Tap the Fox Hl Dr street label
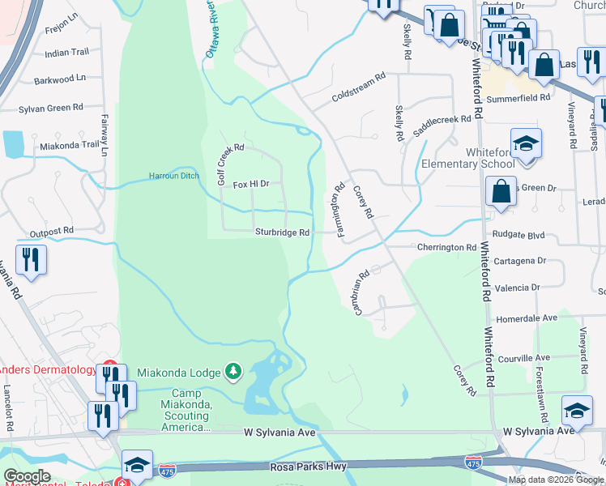coord(250,185)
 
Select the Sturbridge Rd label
coord(283,232)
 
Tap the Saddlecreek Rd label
coord(442,125)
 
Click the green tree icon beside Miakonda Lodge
coord(233,371)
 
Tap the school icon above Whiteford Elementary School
coord(526,143)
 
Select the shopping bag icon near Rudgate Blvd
coord(501,193)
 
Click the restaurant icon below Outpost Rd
coord(31,260)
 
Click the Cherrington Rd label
coord(446,247)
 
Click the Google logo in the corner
coord(28,476)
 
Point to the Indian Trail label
coord(67,53)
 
